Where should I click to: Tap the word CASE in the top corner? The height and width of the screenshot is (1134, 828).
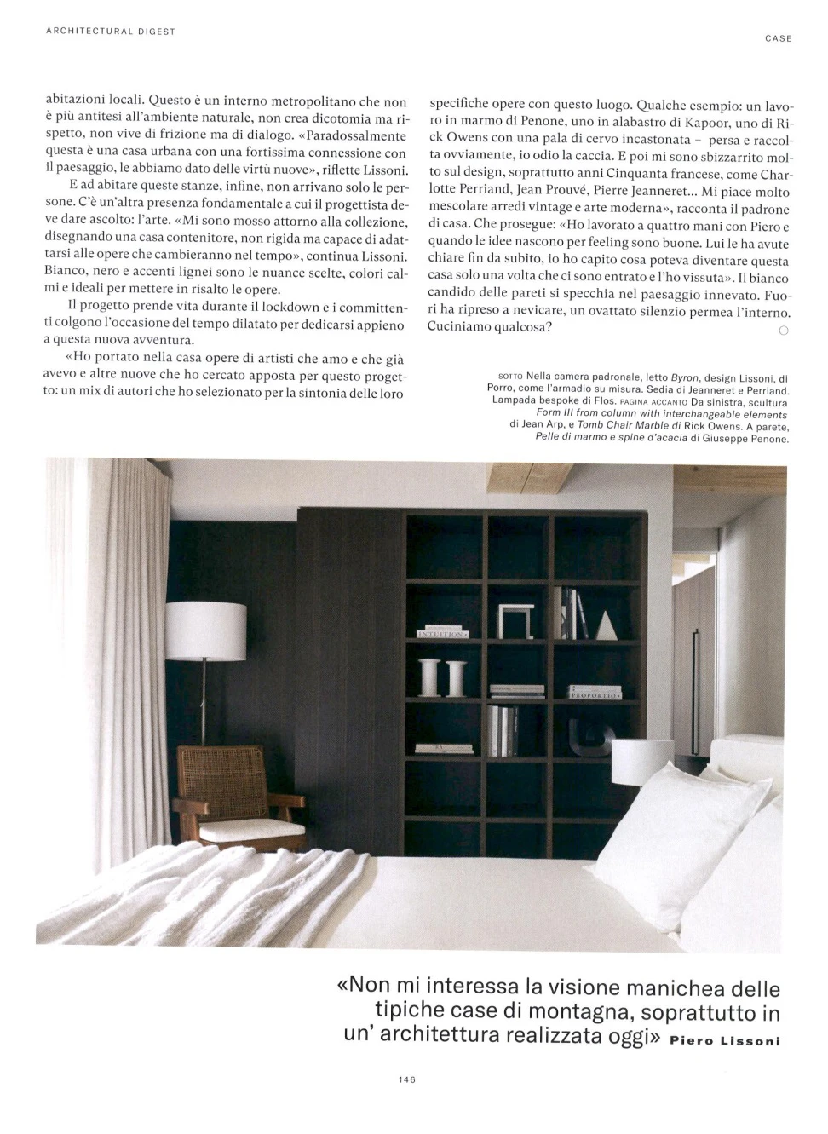[778, 38]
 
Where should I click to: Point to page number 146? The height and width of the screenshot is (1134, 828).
[405, 1079]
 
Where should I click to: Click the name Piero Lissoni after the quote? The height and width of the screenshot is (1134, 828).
[725, 1040]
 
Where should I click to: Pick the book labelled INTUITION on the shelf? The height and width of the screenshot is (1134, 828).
[442, 635]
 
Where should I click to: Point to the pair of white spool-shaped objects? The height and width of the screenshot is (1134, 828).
[443, 676]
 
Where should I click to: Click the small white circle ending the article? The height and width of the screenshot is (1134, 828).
[783, 331]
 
